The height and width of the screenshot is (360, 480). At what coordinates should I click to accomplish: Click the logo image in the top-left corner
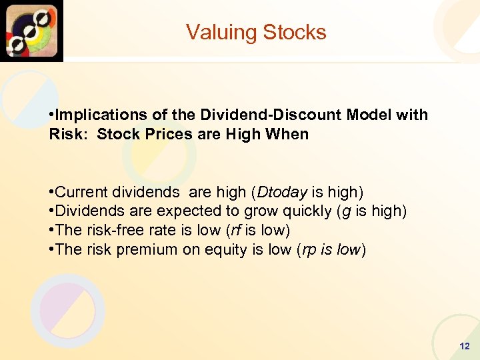(x=31, y=31)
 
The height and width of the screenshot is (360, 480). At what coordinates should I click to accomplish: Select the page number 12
(x=465, y=347)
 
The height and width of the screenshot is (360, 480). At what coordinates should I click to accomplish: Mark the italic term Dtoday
(x=281, y=193)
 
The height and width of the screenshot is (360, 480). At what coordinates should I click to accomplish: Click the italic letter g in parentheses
(x=343, y=212)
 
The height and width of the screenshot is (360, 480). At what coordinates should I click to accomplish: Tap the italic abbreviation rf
(x=237, y=230)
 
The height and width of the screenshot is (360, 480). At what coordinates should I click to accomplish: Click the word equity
(x=214, y=249)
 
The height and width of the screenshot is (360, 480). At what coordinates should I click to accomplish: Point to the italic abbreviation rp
(x=309, y=250)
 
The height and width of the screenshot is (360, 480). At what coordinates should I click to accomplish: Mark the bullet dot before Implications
(x=51, y=115)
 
